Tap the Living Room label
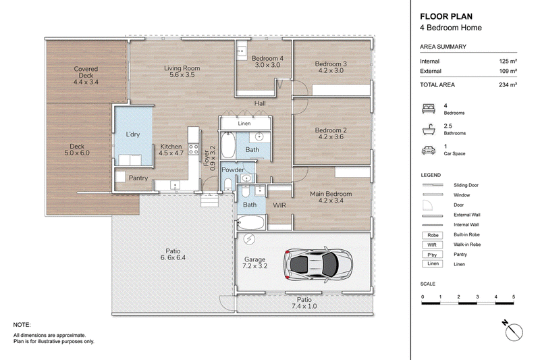(182, 72)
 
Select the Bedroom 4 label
(267, 61)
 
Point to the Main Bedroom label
(331, 197)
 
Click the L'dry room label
(132, 134)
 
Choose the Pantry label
(138, 178)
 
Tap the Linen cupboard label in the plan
(244, 124)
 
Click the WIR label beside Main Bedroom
(279, 205)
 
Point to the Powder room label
(233, 170)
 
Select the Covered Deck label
(86, 76)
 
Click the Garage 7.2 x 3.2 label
(255, 263)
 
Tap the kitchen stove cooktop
(193, 149)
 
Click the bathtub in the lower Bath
(250, 223)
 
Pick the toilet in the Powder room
(228, 184)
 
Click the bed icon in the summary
(429, 109)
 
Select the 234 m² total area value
(508, 84)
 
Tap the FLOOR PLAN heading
(446, 16)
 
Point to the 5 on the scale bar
(514, 297)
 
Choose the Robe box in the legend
(433, 235)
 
